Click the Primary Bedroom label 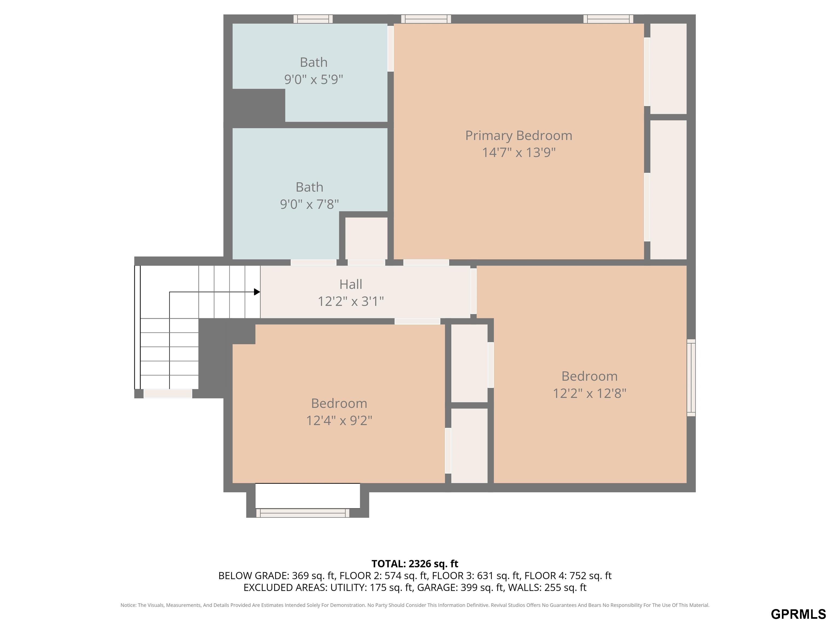point(518,136)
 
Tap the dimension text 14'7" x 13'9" point(518,153)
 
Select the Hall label point(351,284)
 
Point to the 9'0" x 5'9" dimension point(314,79)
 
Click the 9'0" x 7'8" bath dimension point(310,204)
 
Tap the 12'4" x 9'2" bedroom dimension point(339,421)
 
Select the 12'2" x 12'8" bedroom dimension point(590,393)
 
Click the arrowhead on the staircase point(257,292)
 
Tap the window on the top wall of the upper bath point(313,19)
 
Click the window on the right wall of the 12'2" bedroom point(691,378)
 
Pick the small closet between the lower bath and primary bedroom point(366,238)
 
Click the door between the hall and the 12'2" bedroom point(474,291)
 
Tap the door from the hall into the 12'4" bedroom point(417,321)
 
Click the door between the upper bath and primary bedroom point(391,48)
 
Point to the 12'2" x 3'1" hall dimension point(351,302)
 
